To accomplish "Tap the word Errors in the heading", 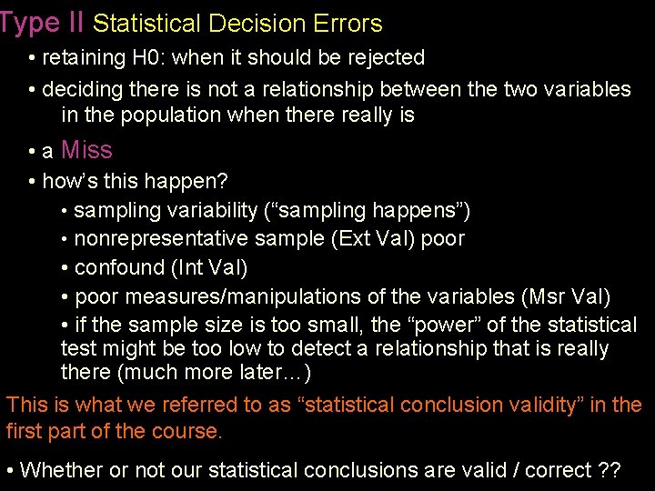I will click(x=346, y=24).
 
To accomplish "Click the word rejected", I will click(x=384, y=58).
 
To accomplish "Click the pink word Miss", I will click(x=86, y=150).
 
